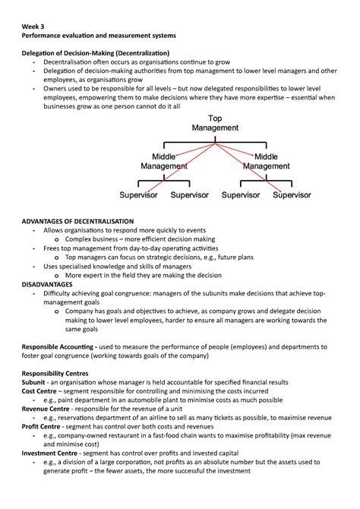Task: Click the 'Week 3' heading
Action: (x=33, y=24)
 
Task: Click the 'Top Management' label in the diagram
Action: (x=215, y=123)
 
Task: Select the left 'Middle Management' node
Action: (x=164, y=161)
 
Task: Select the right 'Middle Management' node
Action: (x=266, y=161)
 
